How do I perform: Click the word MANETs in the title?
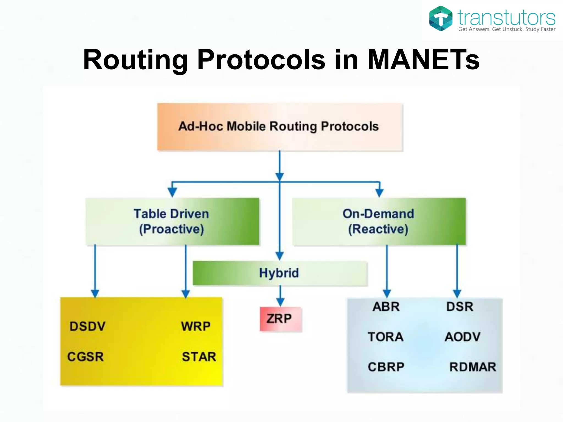[x=423, y=60]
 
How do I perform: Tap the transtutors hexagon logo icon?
[x=441, y=18]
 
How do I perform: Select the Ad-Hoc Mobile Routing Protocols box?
[x=280, y=127]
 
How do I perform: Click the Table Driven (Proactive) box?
[x=172, y=221]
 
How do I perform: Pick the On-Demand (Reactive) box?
[x=379, y=221]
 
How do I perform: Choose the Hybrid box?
[x=280, y=273]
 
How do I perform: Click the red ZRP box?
[x=280, y=319]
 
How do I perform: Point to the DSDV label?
[x=87, y=326]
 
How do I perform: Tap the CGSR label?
[x=85, y=357]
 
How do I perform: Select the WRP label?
[x=196, y=326]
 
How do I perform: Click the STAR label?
[x=199, y=357]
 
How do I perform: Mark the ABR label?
[x=386, y=307]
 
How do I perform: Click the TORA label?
[x=386, y=337]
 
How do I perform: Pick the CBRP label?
[x=386, y=367]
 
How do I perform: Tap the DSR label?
[x=460, y=307]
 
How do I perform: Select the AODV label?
[x=463, y=337]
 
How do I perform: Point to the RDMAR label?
[x=473, y=367]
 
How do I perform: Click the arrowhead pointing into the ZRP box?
[x=280, y=302]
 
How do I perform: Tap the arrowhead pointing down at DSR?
[x=457, y=294]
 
